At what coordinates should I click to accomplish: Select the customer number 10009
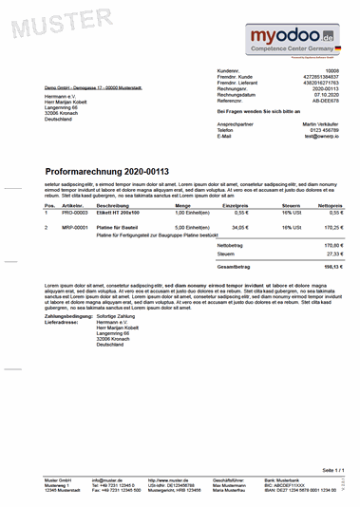(x=332, y=71)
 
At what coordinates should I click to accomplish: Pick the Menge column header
(x=182, y=205)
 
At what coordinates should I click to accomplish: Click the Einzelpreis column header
(x=236, y=205)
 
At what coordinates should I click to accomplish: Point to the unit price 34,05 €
(x=239, y=228)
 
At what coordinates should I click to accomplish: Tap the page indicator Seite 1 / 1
(x=333, y=470)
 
